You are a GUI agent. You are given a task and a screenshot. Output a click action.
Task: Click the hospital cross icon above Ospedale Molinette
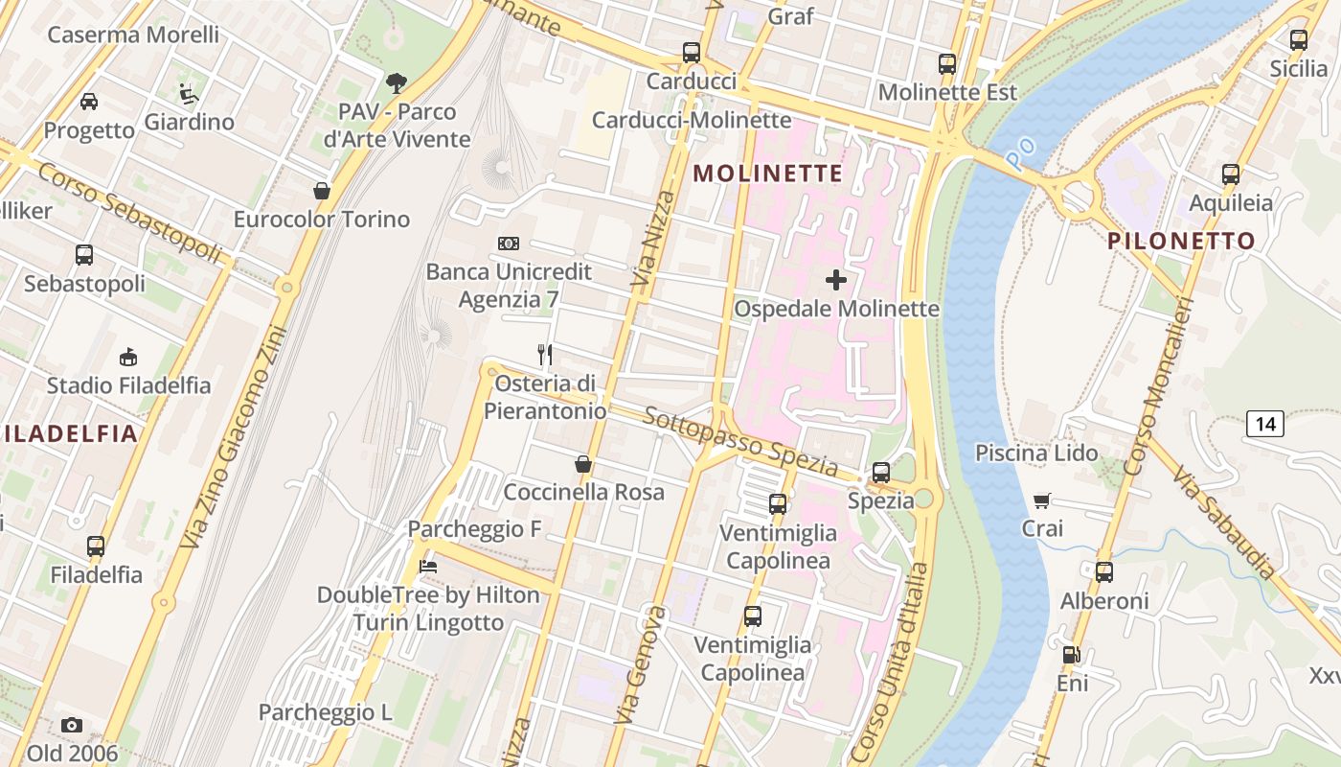(835, 280)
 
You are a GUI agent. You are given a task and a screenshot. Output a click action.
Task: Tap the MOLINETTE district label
(767, 174)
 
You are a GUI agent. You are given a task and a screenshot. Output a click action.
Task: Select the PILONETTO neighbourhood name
(1181, 241)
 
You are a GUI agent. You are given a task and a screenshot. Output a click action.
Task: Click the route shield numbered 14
(1265, 423)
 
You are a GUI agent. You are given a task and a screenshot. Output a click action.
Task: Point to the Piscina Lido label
(1036, 453)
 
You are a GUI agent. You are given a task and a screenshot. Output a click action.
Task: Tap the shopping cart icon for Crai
(1042, 500)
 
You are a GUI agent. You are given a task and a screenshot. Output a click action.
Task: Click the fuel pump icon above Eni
(1072, 656)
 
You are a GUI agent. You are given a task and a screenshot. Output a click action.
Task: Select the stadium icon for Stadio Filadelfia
(127, 358)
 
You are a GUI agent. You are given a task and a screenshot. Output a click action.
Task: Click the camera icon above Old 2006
(72, 725)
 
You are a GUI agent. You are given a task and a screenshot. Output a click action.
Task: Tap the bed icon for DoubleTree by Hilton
(428, 567)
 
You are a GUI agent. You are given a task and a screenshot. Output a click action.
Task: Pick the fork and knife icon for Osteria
(545, 355)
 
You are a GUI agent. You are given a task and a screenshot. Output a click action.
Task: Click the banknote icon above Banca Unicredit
(509, 244)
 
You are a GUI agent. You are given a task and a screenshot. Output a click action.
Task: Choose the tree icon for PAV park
(396, 83)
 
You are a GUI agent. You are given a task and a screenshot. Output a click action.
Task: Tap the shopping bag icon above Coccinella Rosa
(582, 465)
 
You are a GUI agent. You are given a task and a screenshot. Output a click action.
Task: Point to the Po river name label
(1022, 149)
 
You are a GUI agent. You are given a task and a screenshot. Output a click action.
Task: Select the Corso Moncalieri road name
(1159, 386)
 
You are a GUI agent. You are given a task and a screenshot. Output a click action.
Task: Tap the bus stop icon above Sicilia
(1298, 40)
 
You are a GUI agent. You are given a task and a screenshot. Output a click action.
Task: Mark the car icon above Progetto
(88, 102)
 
